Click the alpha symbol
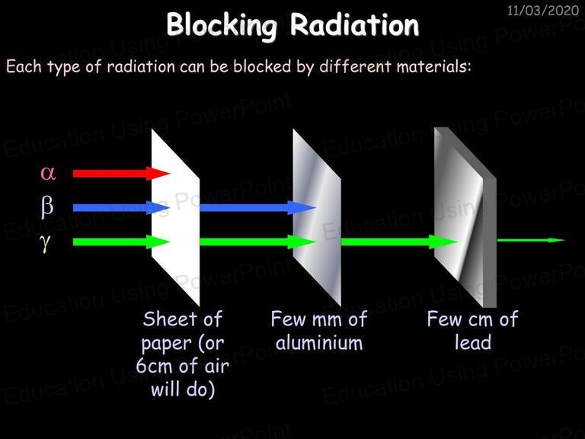[48, 174]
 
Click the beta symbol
[47, 207]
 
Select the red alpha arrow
[121, 174]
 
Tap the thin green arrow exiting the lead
[531, 240]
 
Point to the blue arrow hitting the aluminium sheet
[257, 207]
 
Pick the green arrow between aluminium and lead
[399, 242]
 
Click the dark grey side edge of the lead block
[490, 242]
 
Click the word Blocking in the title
[222, 25]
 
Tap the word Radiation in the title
[354, 24]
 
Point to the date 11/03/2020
[543, 10]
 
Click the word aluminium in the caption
[319, 343]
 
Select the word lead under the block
[473, 342]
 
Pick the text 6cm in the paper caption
[154, 366]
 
